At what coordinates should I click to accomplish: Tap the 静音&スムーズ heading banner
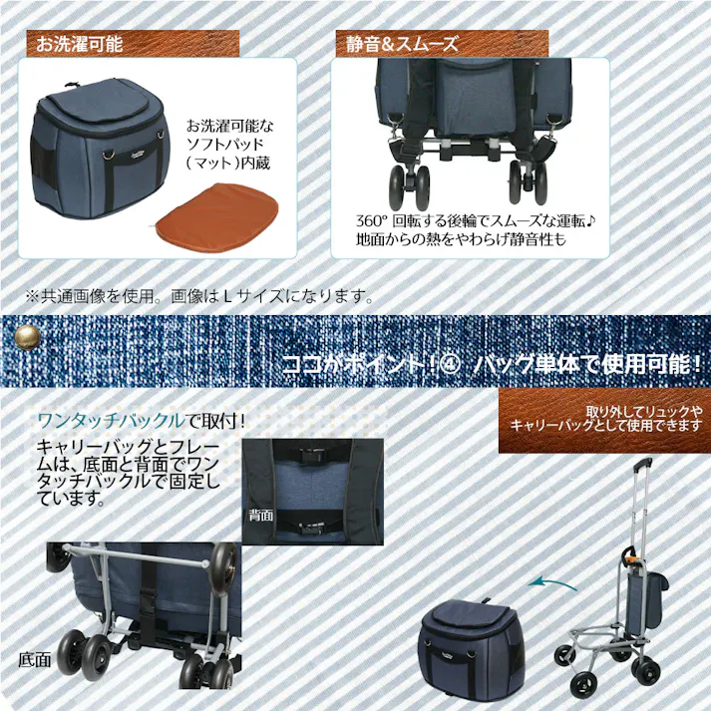pyautogui.click(x=440, y=44)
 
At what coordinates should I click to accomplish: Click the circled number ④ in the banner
pyautogui.click(x=448, y=362)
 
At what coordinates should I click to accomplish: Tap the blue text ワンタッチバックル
pyautogui.click(x=111, y=418)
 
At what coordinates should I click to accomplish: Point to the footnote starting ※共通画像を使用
pyautogui.click(x=199, y=296)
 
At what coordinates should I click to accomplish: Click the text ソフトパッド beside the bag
pyautogui.click(x=229, y=145)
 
